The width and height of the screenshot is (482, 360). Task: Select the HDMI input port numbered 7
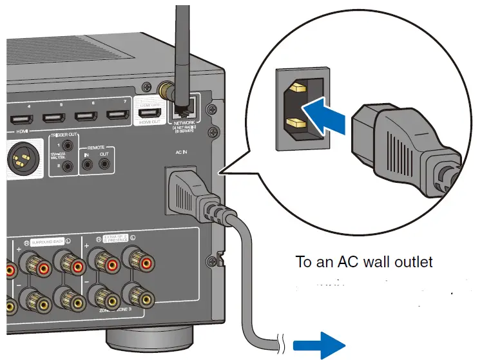coord(117,117)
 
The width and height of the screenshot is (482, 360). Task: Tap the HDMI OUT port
coord(149,114)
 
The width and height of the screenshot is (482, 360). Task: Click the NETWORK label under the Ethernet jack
coord(185,122)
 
